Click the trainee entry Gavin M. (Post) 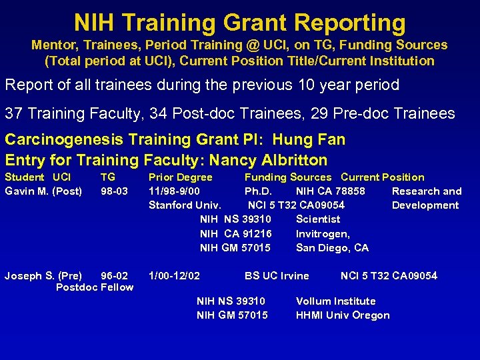[43, 191]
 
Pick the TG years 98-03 [114, 191]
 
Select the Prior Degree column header [180, 177]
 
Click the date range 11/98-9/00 [173, 191]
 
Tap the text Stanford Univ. [185, 205]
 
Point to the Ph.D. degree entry [258, 191]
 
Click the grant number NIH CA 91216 [236, 233]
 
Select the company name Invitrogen [323, 233]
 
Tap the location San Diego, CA [332, 247]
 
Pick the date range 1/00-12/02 [174, 275]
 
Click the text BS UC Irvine [277, 275]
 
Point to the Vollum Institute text [335, 301]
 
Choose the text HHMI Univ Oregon [343, 315]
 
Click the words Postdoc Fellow [95, 287]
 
